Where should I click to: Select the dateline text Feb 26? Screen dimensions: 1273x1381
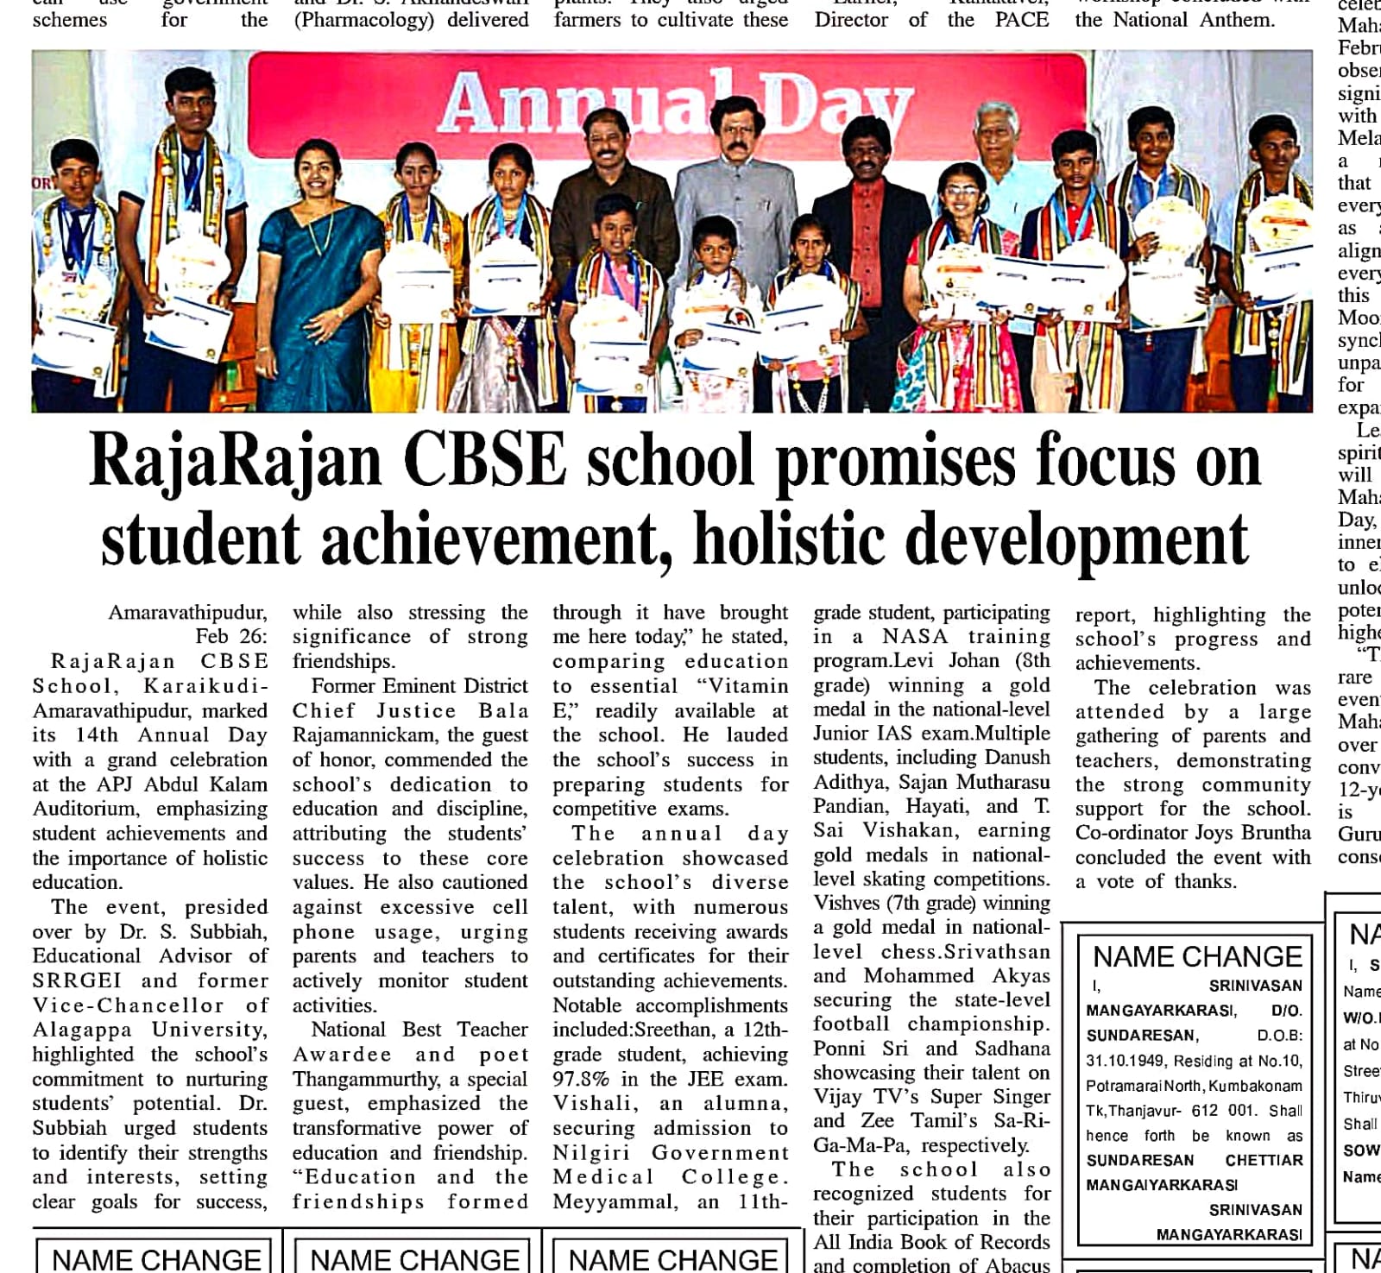[231, 637]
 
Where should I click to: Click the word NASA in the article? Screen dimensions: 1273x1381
[916, 637]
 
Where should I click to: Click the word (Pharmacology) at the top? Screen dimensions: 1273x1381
[363, 20]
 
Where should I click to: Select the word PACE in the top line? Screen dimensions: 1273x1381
[1022, 20]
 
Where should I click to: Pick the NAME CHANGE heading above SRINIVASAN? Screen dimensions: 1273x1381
[1196, 956]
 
